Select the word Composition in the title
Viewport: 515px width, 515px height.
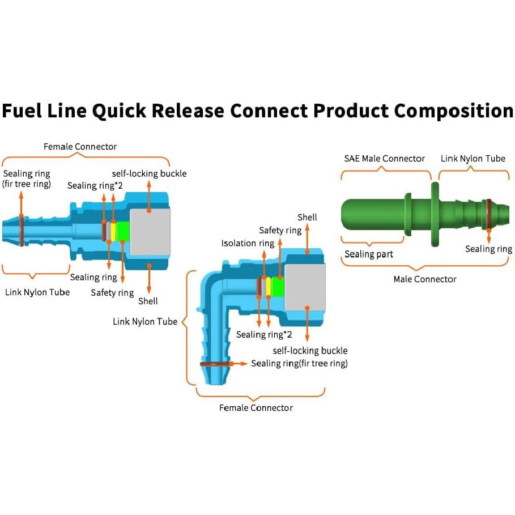pos(454,111)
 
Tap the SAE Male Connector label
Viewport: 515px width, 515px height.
pos(384,159)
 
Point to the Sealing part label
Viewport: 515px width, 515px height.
pos(368,254)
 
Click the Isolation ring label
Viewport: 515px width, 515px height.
pos(248,244)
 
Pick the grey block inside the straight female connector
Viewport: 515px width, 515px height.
pos(150,231)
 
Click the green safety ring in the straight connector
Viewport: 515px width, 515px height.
pos(123,231)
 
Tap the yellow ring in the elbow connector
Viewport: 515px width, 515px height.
pos(269,287)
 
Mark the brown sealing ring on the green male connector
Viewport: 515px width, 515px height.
pos(487,214)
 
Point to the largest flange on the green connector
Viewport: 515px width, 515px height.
pos(435,214)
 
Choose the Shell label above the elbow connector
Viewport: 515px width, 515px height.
pos(307,218)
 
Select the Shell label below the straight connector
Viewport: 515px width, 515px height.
pos(148,301)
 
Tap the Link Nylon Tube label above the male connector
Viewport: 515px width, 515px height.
pos(473,159)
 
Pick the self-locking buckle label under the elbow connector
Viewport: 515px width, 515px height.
pos(310,351)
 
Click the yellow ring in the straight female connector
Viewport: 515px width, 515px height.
pos(113,231)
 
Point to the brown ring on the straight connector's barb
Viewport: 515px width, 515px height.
pos(21,231)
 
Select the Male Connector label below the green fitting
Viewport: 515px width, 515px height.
pos(425,279)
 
